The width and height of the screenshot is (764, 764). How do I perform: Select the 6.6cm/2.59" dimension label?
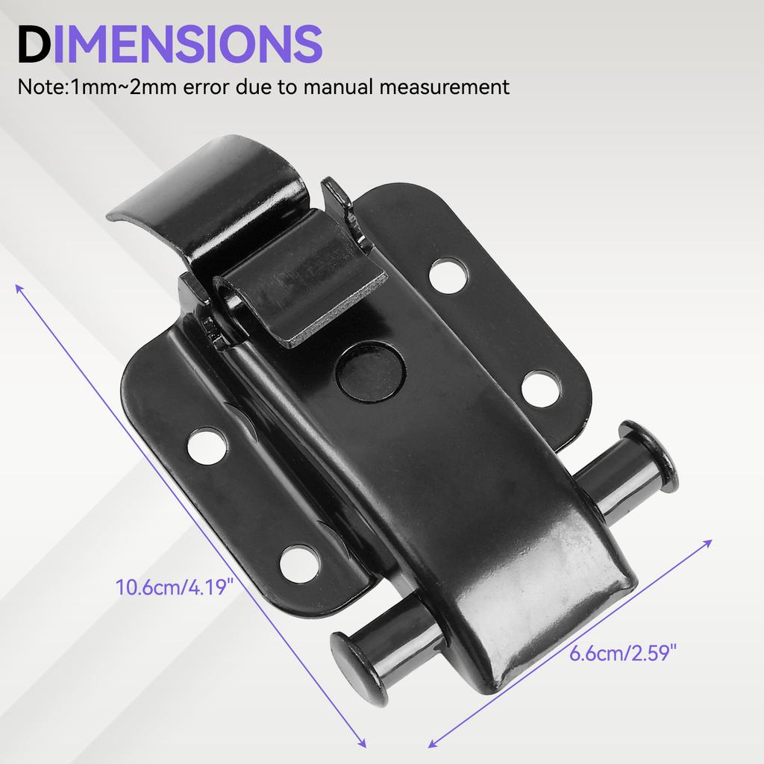(x=623, y=654)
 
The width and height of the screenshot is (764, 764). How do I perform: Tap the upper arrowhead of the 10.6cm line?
(x=19, y=288)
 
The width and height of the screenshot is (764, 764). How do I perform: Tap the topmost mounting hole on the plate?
(x=449, y=275)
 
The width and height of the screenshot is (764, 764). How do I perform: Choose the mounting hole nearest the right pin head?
(x=541, y=389)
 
